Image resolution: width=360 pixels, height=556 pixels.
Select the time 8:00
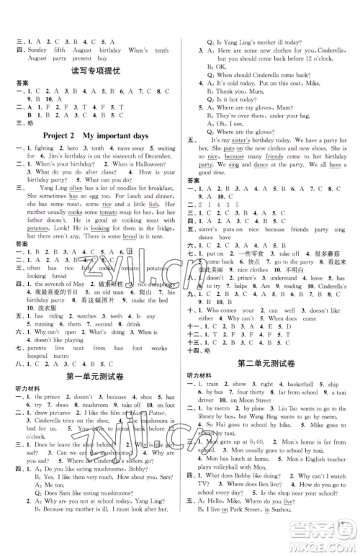click(259, 470)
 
